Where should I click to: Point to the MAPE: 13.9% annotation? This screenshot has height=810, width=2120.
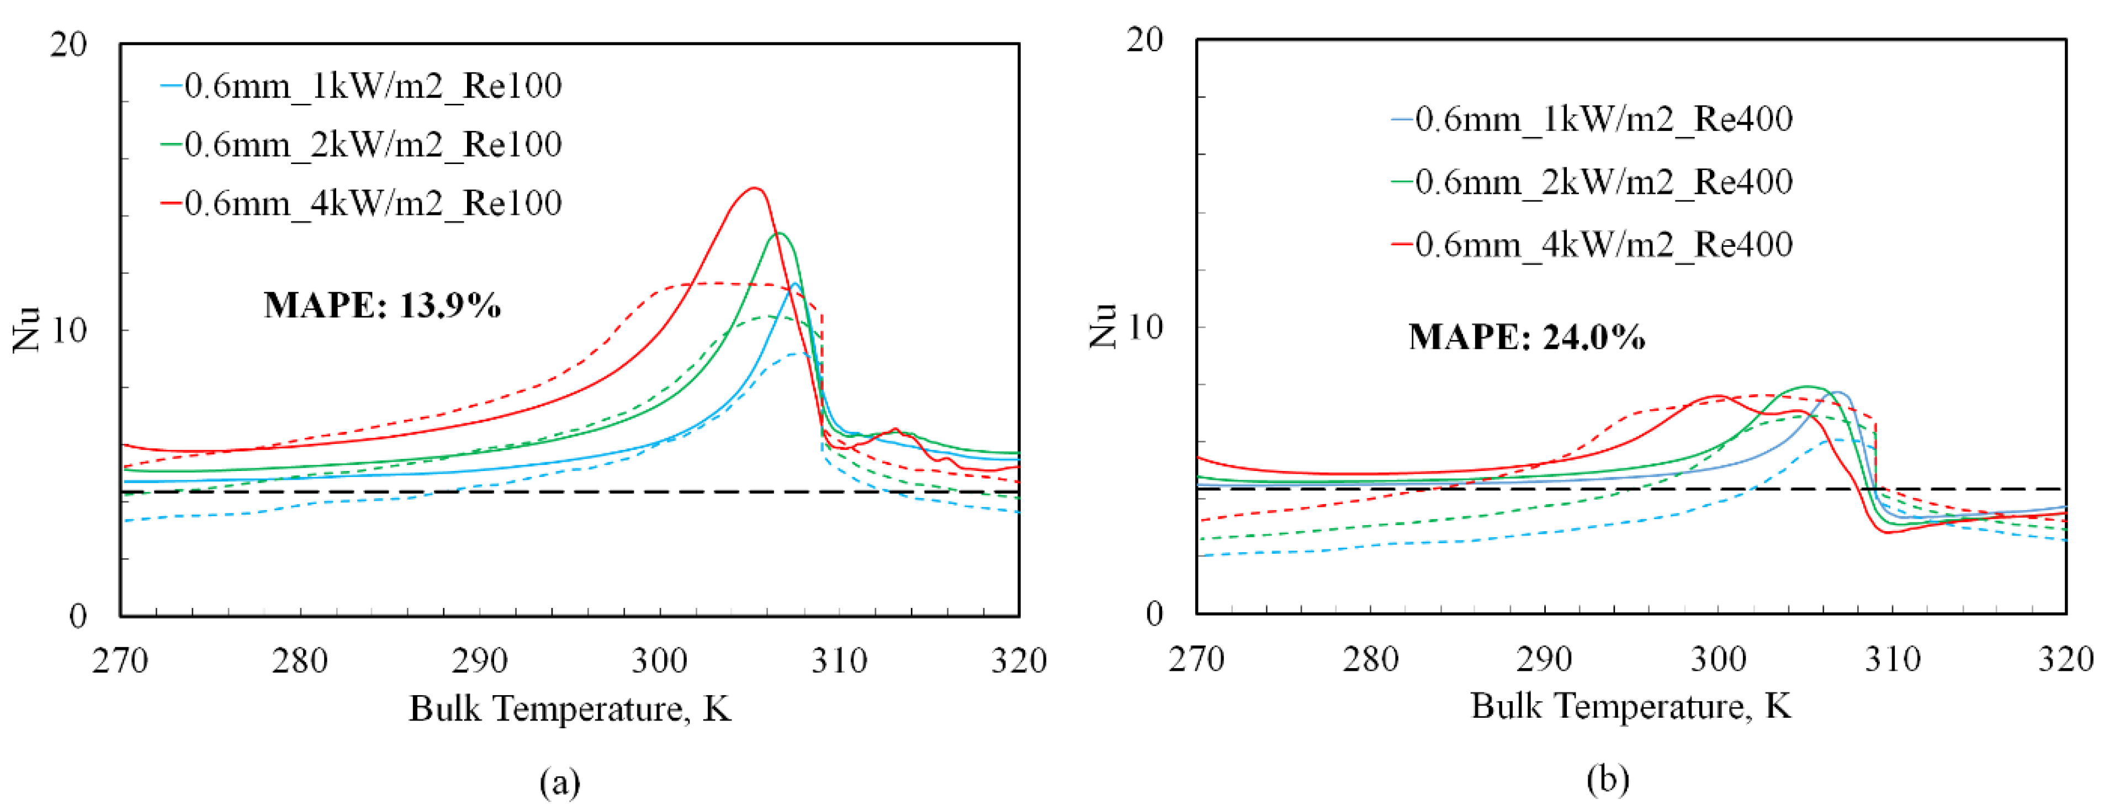coord(382,305)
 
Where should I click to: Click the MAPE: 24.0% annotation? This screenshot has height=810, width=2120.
coord(1527,337)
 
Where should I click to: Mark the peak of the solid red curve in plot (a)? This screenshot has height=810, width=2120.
coord(754,188)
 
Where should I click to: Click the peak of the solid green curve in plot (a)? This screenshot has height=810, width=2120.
coord(778,234)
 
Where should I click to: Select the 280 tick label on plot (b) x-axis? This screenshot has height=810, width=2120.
coord(1370,659)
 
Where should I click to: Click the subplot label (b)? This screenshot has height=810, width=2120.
coord(1607,779)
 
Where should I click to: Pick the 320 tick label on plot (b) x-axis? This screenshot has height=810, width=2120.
coord(2065,659)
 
